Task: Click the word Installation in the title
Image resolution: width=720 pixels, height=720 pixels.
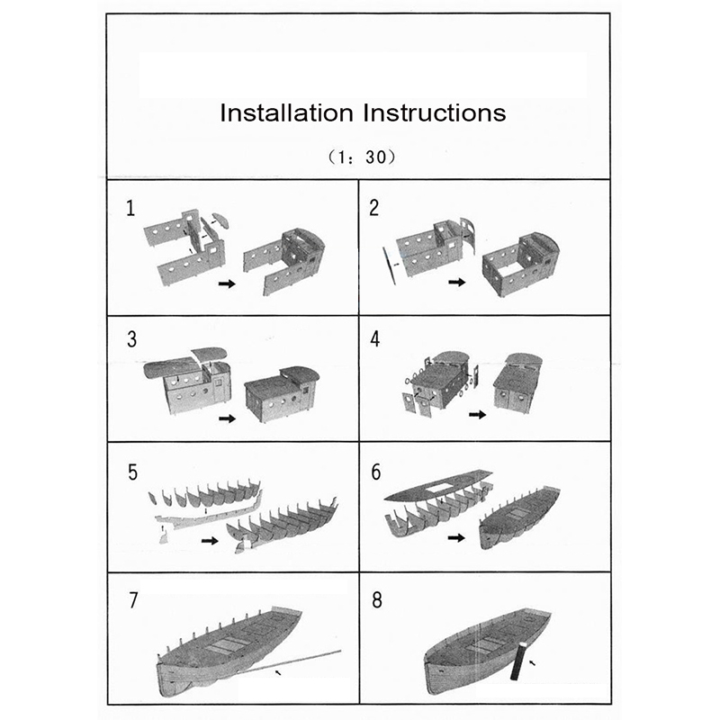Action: pos(286,112)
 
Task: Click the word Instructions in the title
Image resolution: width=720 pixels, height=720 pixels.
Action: pos(435,112)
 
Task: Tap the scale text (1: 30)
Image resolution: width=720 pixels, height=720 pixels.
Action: pos(362,157)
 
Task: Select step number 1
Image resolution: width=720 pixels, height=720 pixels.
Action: pos(130,209)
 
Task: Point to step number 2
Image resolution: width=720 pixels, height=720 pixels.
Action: pos(374,208)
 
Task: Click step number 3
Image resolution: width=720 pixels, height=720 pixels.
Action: pos(131,339)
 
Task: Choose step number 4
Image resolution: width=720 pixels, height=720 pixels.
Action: pos(375,339)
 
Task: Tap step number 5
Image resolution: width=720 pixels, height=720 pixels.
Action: pos(132,472)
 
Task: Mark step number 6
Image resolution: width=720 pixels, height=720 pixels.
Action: pos(376,472)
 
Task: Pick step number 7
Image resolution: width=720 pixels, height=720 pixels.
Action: pos(133,600)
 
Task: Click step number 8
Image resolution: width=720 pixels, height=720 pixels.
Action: pos(377,600)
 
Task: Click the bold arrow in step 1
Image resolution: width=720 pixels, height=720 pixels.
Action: pos(227,283)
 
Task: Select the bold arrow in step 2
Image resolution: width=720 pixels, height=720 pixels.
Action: pos(457,282)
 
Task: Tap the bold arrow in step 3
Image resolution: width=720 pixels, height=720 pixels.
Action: pos(227,418)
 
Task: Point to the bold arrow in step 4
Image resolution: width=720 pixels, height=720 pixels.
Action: pos(478,415)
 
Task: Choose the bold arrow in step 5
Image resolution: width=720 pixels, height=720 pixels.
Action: pos(210,541)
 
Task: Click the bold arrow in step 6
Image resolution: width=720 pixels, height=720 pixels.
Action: pos(456,537)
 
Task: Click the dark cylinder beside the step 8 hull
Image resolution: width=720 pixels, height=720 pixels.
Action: pos(518,662)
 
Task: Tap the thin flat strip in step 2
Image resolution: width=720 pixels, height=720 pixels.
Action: pos(389,265)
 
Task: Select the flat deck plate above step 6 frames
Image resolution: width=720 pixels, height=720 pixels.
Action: pos(438,486)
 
